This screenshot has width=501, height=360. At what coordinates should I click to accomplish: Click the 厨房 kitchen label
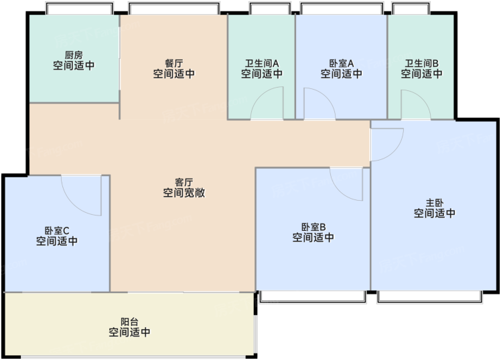(74, 55)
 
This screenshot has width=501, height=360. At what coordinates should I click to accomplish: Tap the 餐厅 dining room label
(174, 63)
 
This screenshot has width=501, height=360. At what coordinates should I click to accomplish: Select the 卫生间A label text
(262, 63)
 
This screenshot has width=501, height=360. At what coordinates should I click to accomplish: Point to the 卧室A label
(341, 63)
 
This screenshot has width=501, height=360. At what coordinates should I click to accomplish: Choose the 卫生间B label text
(422, 63)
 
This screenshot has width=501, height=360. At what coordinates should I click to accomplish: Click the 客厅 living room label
(184, 182)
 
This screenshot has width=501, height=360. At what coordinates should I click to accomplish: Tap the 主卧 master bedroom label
(435, 203)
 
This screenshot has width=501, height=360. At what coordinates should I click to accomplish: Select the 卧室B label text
(313, 227)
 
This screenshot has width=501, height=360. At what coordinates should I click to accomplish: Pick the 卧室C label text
(57, 230)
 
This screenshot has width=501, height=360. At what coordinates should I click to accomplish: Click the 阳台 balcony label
(129, 321)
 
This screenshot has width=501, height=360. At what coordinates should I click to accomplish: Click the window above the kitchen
(80, 9)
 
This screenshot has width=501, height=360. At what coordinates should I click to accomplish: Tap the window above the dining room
(174, 9)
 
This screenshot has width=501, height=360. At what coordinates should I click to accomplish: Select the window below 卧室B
(312, 296)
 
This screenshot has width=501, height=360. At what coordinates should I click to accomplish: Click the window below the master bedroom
(430, 296)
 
